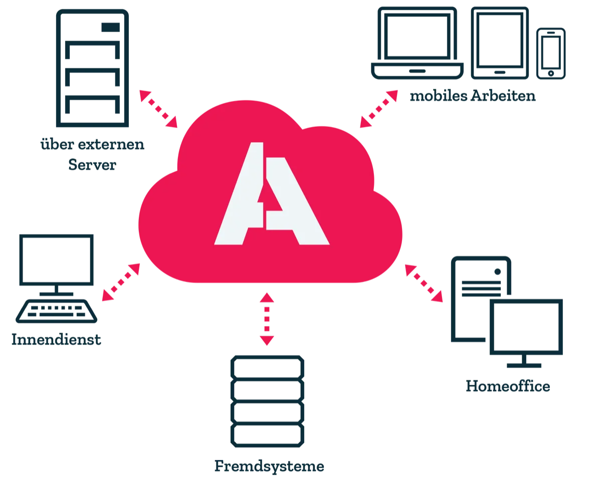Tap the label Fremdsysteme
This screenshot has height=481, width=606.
click(269, 466)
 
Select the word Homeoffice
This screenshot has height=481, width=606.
click(508, 386)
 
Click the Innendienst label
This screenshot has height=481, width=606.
click(56, 339)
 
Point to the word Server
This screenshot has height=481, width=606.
click(92, 165)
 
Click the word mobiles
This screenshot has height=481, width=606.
click(438, 96)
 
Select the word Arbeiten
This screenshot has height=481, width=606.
click(503, 96)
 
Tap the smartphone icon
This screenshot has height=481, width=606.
click(551, 54)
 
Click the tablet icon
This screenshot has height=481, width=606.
click(500, 43)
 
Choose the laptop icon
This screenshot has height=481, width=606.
click(417, 43)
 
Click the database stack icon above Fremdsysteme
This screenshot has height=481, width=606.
click(267, 401)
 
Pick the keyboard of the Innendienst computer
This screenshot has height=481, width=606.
click(56, 311)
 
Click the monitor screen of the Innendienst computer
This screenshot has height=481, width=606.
click(56, 260)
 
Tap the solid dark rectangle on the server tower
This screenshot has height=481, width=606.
click(110, 27)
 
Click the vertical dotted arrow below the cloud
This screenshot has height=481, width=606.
click(267, 319)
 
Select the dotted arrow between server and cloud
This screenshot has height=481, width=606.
click(158, 109)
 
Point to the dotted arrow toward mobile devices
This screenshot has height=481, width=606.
click(379, 109)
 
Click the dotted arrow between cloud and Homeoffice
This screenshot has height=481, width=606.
click(424, 284)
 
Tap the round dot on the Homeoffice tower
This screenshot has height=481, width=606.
click(498, 272)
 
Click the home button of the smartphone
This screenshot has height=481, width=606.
click(551, 74)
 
